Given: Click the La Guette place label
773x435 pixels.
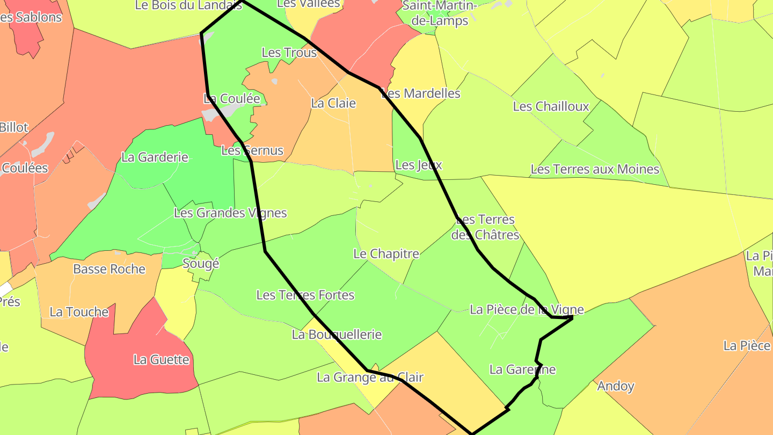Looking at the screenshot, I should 161,360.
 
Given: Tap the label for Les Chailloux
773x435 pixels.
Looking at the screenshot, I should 551,106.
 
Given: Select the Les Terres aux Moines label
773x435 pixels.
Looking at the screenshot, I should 595,170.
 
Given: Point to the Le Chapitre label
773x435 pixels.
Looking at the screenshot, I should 386,254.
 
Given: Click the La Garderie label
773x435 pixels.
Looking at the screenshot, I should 155,157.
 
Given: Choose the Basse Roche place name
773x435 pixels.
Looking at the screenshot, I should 109,269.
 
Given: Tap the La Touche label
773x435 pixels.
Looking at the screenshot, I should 79,312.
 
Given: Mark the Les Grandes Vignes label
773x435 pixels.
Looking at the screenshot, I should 230,213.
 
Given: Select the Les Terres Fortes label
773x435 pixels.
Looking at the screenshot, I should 305,295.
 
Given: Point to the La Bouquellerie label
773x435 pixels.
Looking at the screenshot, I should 337,335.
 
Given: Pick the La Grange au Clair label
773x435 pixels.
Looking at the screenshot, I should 370,378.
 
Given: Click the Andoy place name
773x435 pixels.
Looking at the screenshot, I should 616,386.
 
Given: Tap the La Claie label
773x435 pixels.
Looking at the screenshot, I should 333,103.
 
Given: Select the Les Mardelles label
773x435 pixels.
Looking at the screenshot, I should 421,93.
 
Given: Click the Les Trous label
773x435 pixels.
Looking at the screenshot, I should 289,53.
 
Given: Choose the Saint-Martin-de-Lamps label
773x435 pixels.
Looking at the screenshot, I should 439,13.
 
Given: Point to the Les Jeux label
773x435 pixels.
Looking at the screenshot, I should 418,165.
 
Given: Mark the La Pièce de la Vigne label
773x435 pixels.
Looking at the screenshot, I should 526,310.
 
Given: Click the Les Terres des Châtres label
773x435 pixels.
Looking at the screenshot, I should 485,227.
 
